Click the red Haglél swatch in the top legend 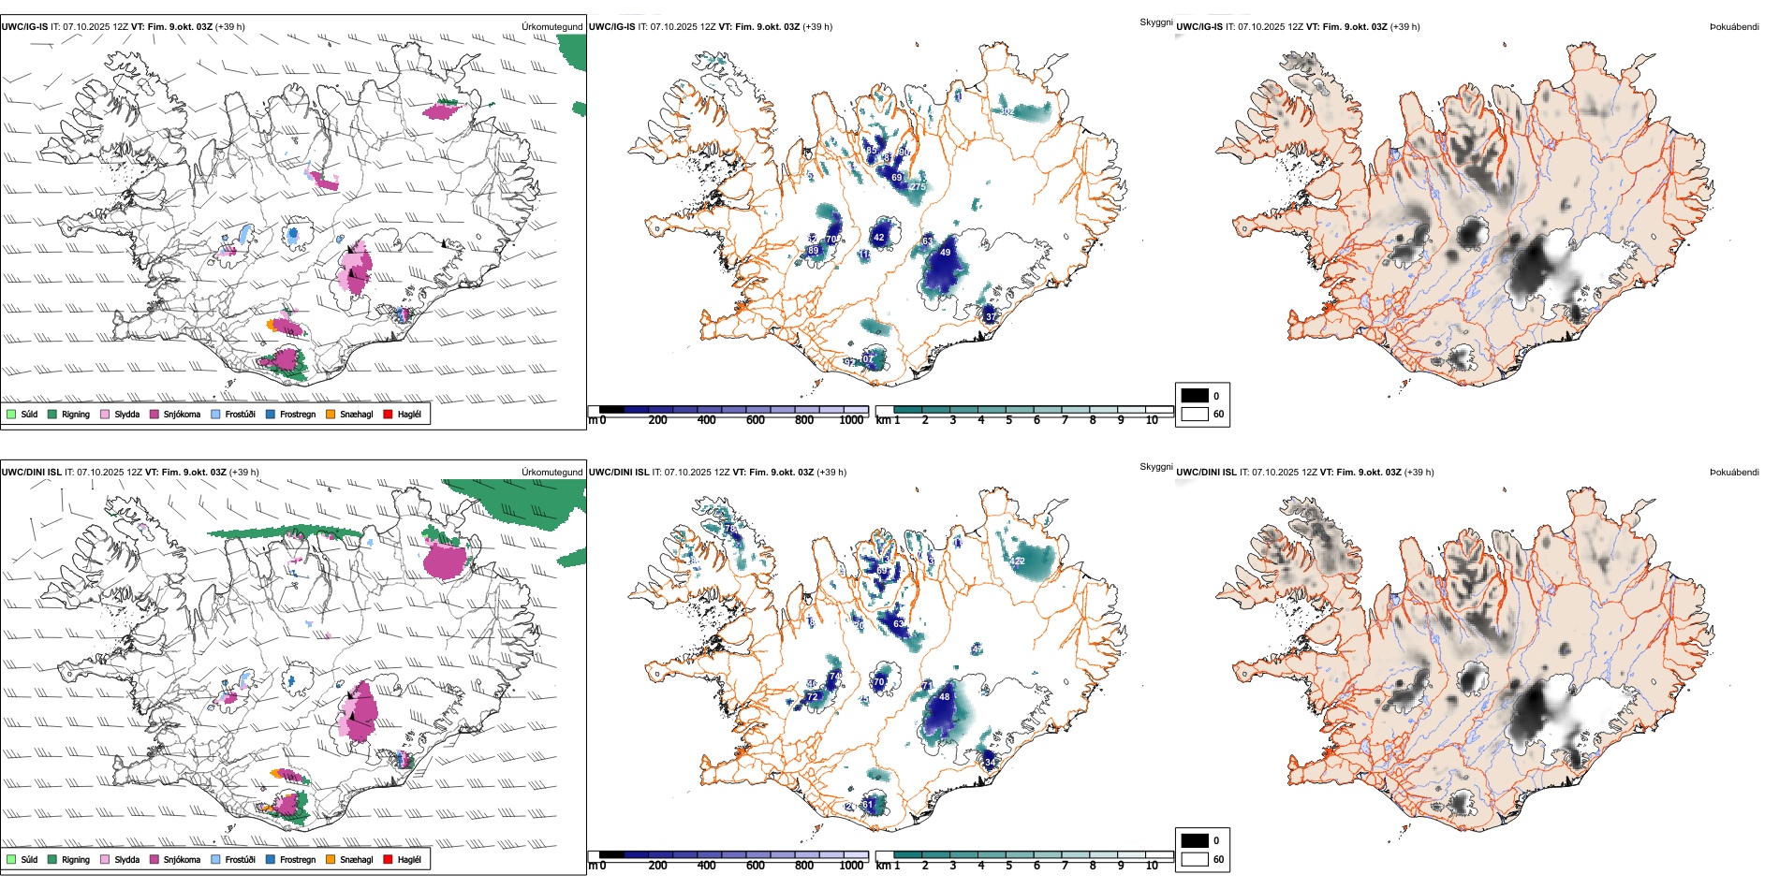(x=388, y=414)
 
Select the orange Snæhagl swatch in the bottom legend (x=331, y=859)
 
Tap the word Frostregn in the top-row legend (x=298, y=414)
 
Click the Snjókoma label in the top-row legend (x=182, y=414)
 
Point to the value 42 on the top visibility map (x=878, y=238)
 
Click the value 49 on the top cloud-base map (x=945, y=253)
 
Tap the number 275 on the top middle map (x=917, y=187)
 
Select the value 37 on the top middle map (x=991, y=317)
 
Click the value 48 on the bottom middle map (x=944, y=697)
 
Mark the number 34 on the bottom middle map (x=991, y=763)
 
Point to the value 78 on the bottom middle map (x=730, y=529)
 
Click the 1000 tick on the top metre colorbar (x=851, y=420)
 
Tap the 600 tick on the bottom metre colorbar (x=755, y=866)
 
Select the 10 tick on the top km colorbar (x=1152, y=420)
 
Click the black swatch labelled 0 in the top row (x=1195, y=396)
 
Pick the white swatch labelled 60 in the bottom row (x=1195, y=859)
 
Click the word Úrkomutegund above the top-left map (x=551, y=27)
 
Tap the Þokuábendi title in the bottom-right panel (x=1734, y=473)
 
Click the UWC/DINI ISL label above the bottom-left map (x=31, y=473)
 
